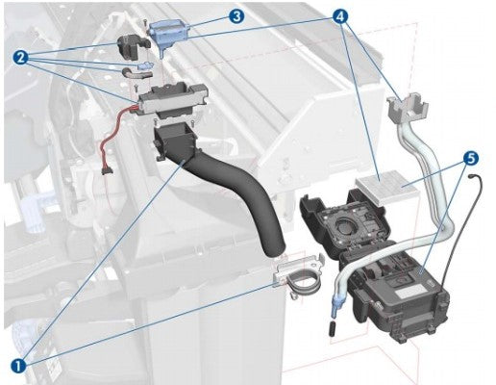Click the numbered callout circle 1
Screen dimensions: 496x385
tap(18, 365)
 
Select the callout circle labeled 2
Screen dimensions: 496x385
tap(21, 58)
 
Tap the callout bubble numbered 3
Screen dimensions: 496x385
tap(236, 16)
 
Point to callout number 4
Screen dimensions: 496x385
tap(340, 16)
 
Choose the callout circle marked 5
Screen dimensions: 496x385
tap(470, 159)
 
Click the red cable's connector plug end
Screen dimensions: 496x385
tap(107, 170)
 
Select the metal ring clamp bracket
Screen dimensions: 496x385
tap(297, 271)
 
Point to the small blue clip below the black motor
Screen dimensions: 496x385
tap(145, 65)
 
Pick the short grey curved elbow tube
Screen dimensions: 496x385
tap(136, 74)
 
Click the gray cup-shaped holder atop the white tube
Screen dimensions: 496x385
tap(408, 107)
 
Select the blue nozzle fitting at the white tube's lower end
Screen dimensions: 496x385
tap(336, 304)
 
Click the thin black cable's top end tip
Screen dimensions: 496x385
tap(471, 175)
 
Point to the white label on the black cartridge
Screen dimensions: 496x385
tap(409, 294)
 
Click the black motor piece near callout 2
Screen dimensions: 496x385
tap(131, 47)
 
